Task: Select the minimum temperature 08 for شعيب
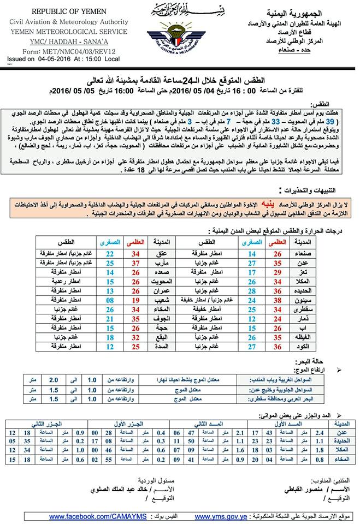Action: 110,300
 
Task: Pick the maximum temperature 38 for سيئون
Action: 277,300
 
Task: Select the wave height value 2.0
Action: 54,380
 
